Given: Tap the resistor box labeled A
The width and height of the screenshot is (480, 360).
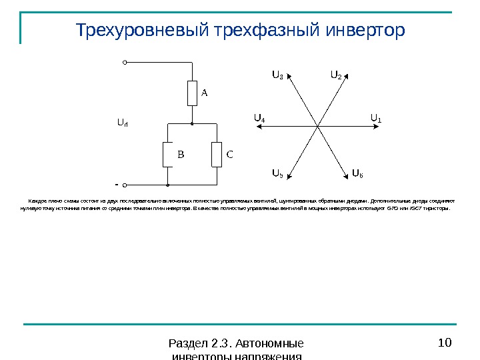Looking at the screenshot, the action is coord(192,93).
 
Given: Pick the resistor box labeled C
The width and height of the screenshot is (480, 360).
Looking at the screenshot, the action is coord(216,155).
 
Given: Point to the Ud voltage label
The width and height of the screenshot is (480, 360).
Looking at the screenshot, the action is coord(123,123).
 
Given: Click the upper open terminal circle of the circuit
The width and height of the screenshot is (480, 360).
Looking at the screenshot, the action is coord(125,63).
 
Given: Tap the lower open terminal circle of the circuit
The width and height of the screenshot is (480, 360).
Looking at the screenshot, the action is coord(125,184).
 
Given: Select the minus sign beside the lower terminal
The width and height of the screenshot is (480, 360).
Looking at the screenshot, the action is coord(116,182).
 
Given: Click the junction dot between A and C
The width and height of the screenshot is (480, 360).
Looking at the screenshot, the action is coord(192,124).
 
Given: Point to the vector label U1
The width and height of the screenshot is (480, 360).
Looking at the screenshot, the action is coord(375,119).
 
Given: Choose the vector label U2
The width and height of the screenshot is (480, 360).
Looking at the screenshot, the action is coord(336,75).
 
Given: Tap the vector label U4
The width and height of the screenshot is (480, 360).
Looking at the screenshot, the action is coord(259,119).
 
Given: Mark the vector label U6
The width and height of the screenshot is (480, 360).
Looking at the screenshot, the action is coord(357,174).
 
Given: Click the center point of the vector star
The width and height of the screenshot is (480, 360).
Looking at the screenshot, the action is coord(317,125).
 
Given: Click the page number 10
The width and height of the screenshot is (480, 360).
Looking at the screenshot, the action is coord(445,343).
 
